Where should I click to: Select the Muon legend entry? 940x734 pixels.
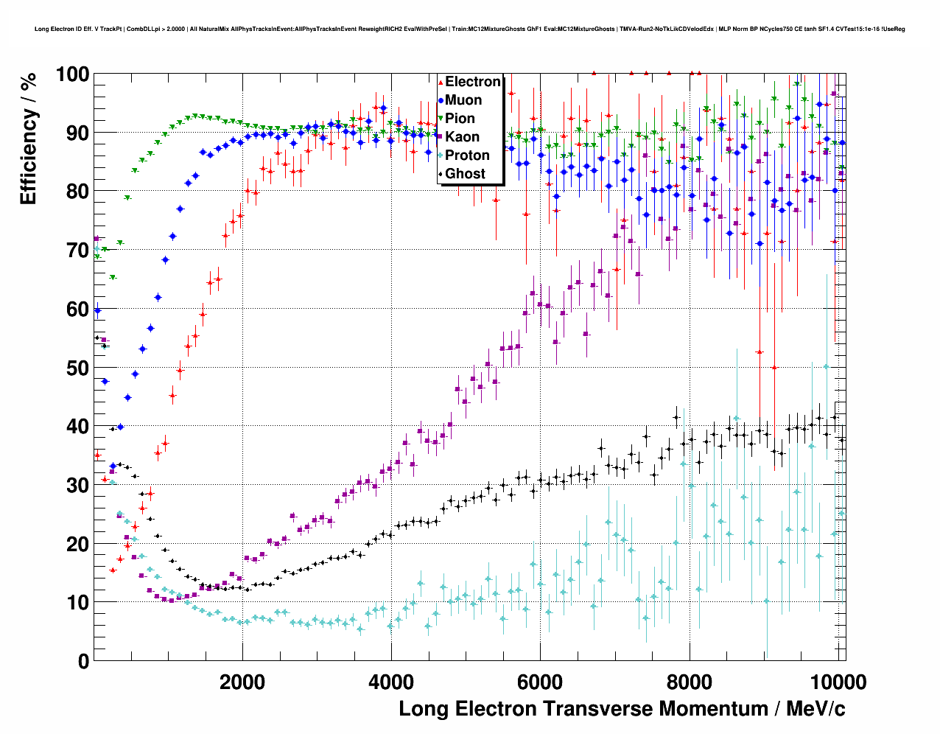pos(463,100)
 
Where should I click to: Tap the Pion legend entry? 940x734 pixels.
pos(460,119)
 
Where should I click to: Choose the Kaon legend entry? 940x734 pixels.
pos(462,137)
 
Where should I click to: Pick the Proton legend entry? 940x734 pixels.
pos(467,155)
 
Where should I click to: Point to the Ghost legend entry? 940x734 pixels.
pos(465,174)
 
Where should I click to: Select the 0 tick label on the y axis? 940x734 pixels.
pos(83,661)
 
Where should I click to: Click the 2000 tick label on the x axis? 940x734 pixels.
pos(242,682)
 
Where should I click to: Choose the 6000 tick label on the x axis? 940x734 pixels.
pos(540,682)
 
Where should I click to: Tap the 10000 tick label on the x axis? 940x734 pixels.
pos(836,682)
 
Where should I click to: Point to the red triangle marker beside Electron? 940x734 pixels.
pos(441,83)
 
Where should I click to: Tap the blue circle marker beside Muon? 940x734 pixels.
pos(441,100)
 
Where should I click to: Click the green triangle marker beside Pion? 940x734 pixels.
pos(441,119)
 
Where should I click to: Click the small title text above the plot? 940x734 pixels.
pos(469,29)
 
